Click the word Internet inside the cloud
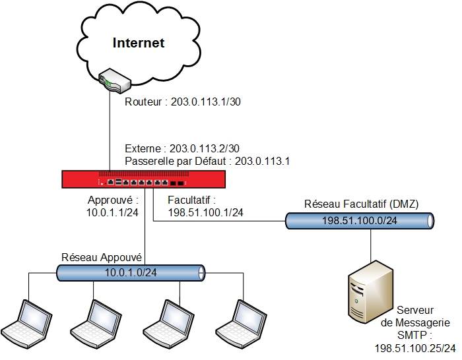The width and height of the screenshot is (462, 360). [x=138, y=44]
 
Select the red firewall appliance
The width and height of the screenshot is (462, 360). [x=145, y=180]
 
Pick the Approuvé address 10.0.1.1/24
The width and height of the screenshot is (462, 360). [x=112, y=212]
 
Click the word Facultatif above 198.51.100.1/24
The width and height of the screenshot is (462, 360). [x=192, y=199]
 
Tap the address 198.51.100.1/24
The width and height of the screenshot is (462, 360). [x=205, y=212]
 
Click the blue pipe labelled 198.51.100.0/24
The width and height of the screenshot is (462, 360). [x=360, y=221]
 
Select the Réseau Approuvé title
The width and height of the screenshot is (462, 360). [x=103, y=257]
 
